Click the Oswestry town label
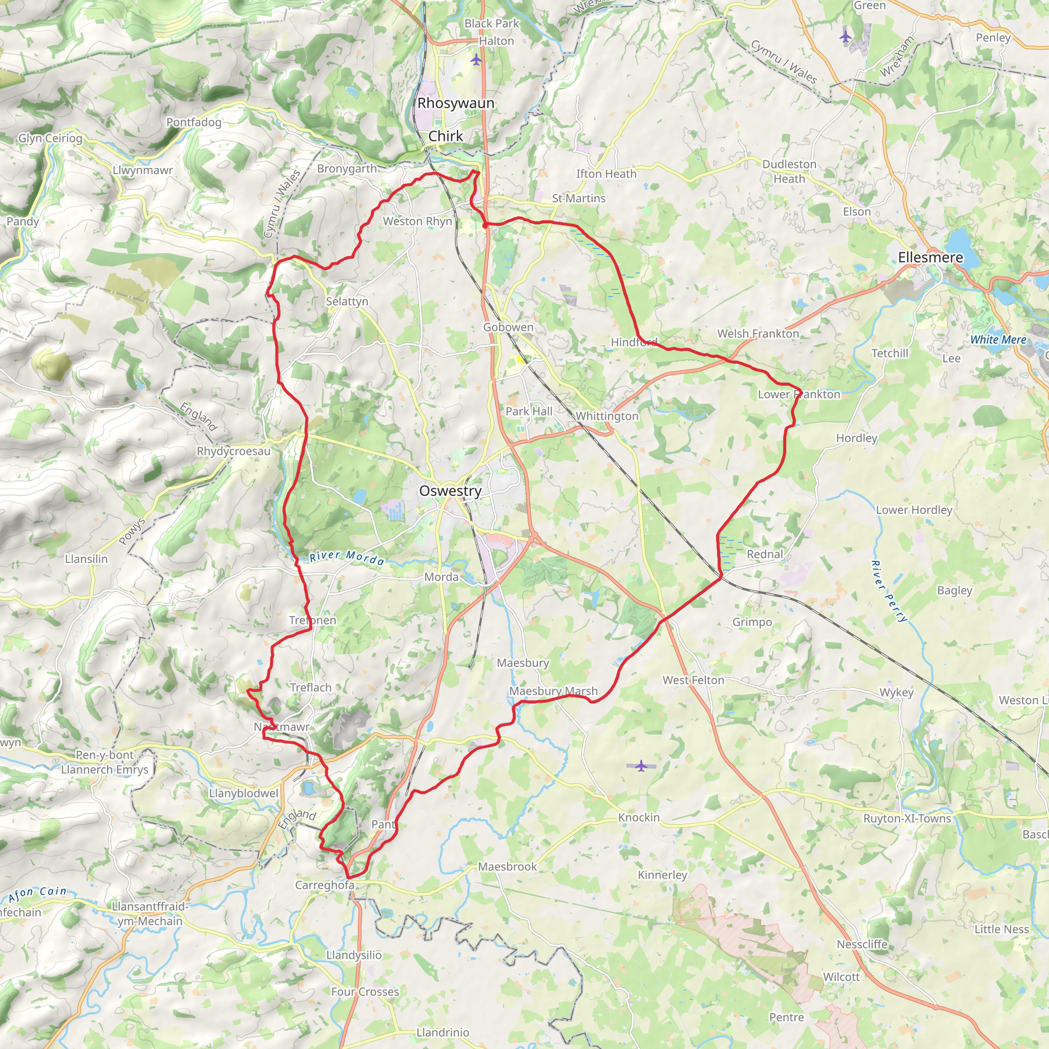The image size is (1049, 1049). click(x=450, y=491)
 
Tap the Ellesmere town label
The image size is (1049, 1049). click(x=930, y=257)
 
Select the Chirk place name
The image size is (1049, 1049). click(x=446, y=136)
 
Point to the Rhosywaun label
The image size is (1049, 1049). click(x=455, y=103)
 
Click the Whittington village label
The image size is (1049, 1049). click(x=606, y=416)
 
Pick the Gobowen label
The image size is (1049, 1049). click(x=508, y=327)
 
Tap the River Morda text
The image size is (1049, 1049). click(x=347, y=558)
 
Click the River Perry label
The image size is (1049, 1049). click(x=888, y=591)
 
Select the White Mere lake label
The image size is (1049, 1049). click(x=998, y=340)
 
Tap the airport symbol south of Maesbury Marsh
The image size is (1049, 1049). click(x=641, y=766)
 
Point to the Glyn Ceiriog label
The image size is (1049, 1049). click(x=50, y=138)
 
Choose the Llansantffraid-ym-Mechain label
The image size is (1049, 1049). click(x=150, y=914)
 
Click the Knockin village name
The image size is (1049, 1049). click(x=639, y=817)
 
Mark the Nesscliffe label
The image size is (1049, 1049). click(x=862, y=944)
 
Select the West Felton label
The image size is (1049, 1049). click(x=693, y=680)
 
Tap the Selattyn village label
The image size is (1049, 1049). click(x=347, y=301)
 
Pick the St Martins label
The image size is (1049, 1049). click(x=578, y=198)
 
